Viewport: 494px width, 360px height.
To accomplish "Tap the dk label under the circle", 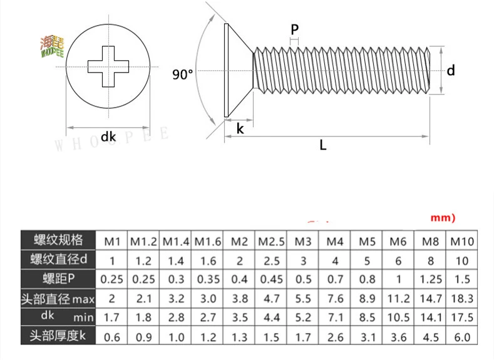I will pyautogui.click(x=109, y=136).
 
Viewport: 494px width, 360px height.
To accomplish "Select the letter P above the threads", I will pyautogui.click(x=294, y=29).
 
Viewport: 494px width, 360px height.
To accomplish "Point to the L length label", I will pyautogui.click(x=323, y=145).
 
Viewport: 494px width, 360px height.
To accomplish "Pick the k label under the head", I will pyautogui.click(x=240, y=129).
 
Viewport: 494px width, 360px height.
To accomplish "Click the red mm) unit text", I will pyautogui.click(x=443, y=218).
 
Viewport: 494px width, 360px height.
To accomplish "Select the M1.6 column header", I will pyautogui.click(x=208, y=241).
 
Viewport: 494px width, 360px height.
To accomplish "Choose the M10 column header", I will pyautogui.click(x=462, y=241).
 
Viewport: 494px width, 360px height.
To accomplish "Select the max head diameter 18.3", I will pyautogui.click(x=462, y=299).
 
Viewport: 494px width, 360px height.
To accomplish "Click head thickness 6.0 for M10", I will pyautogui.click(x=462, y=337).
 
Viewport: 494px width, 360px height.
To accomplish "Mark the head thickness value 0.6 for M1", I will pyautogui.click(x=112, y=337).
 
